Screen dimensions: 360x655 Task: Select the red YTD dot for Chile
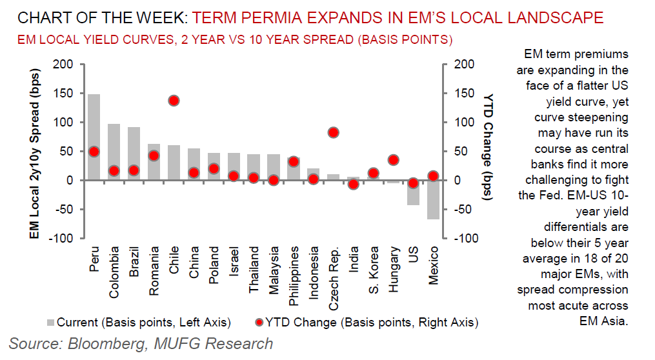point(174,101)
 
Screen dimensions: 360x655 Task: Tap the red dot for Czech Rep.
point(334,133)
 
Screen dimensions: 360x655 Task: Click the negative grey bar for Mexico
point(434,199)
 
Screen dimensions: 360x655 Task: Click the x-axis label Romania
point(154,270)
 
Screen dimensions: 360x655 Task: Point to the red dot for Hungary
point(394,160)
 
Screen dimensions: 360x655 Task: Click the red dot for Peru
point(94,152)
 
